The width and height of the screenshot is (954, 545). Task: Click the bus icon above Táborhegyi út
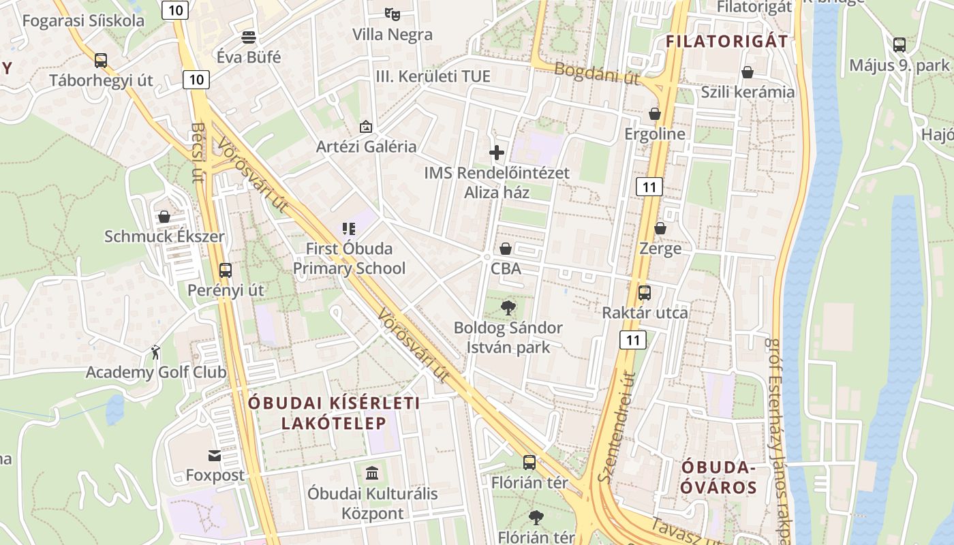pyautogui.click(x=101, y=60)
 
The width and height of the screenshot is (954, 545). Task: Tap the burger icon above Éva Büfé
pyautogui.click(x=249, y=36)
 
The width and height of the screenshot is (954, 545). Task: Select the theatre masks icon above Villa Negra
pyautogui.click(x=392, y=13)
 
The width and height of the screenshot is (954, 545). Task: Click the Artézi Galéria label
pyautogui.click(x=366, y=146)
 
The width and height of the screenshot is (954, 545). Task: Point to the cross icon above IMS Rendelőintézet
pyautogui.click(x=497, y=153)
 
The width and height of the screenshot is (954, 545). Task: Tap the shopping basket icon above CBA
pyautogui.click(x=506, y=249)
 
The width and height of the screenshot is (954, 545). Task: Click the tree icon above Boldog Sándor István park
pyautogui.click(x=508, y=308)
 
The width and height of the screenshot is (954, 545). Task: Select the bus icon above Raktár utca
pyautogui.click(x=645, y=293)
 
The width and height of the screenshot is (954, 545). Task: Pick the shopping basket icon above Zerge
pyautogui.click(x=660, y=228)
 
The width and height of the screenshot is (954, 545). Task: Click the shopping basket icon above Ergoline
pyautogui.click(x=655, y=114)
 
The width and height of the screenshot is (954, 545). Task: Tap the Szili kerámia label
pyautogui.click(x=748, y=92)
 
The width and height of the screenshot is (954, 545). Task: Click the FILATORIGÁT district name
pyautogui.click(x=726, y=41)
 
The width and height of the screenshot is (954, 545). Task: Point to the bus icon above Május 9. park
pyautogui.click(x=899, y=45)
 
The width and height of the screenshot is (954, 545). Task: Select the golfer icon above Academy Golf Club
pyautogui.click(x=156, y=352)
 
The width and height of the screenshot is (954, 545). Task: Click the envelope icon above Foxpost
pyautogui.click(x=215, y=455)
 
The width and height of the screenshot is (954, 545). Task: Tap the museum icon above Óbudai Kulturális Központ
pyautogui.click(x=372, y=472)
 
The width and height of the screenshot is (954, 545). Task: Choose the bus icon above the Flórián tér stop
pyautogui.click(x=529, y=462)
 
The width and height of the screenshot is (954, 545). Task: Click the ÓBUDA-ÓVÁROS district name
pyautogui.click(x=719, y=478)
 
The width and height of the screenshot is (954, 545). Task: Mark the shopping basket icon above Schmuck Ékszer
pyautogui.click(x=164, y=217)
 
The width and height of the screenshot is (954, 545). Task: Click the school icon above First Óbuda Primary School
pyautogui.click(x=349, y=229)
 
